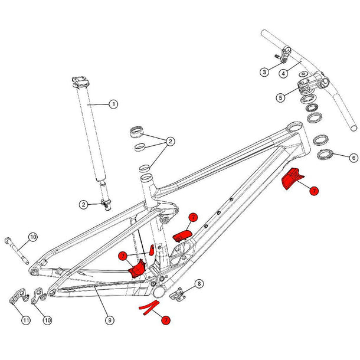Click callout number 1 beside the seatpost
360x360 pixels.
click(113, 104)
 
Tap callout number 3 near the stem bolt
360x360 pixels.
click(265, 72)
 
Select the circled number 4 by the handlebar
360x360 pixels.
click(283, 73)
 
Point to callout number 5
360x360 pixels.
click(281, 97)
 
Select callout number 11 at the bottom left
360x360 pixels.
click(26, 320)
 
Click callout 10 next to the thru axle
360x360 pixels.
click(33, 237)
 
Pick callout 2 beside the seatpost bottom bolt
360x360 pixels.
click(84, 204)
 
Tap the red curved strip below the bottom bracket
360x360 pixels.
click(149, 307)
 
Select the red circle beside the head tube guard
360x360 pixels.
click(315, 191)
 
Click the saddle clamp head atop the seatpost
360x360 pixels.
click(81, 79)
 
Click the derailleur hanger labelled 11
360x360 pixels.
click(17, 299)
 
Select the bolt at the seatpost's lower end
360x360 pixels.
click(107, 204)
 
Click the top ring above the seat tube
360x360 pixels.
click(138, 131)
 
